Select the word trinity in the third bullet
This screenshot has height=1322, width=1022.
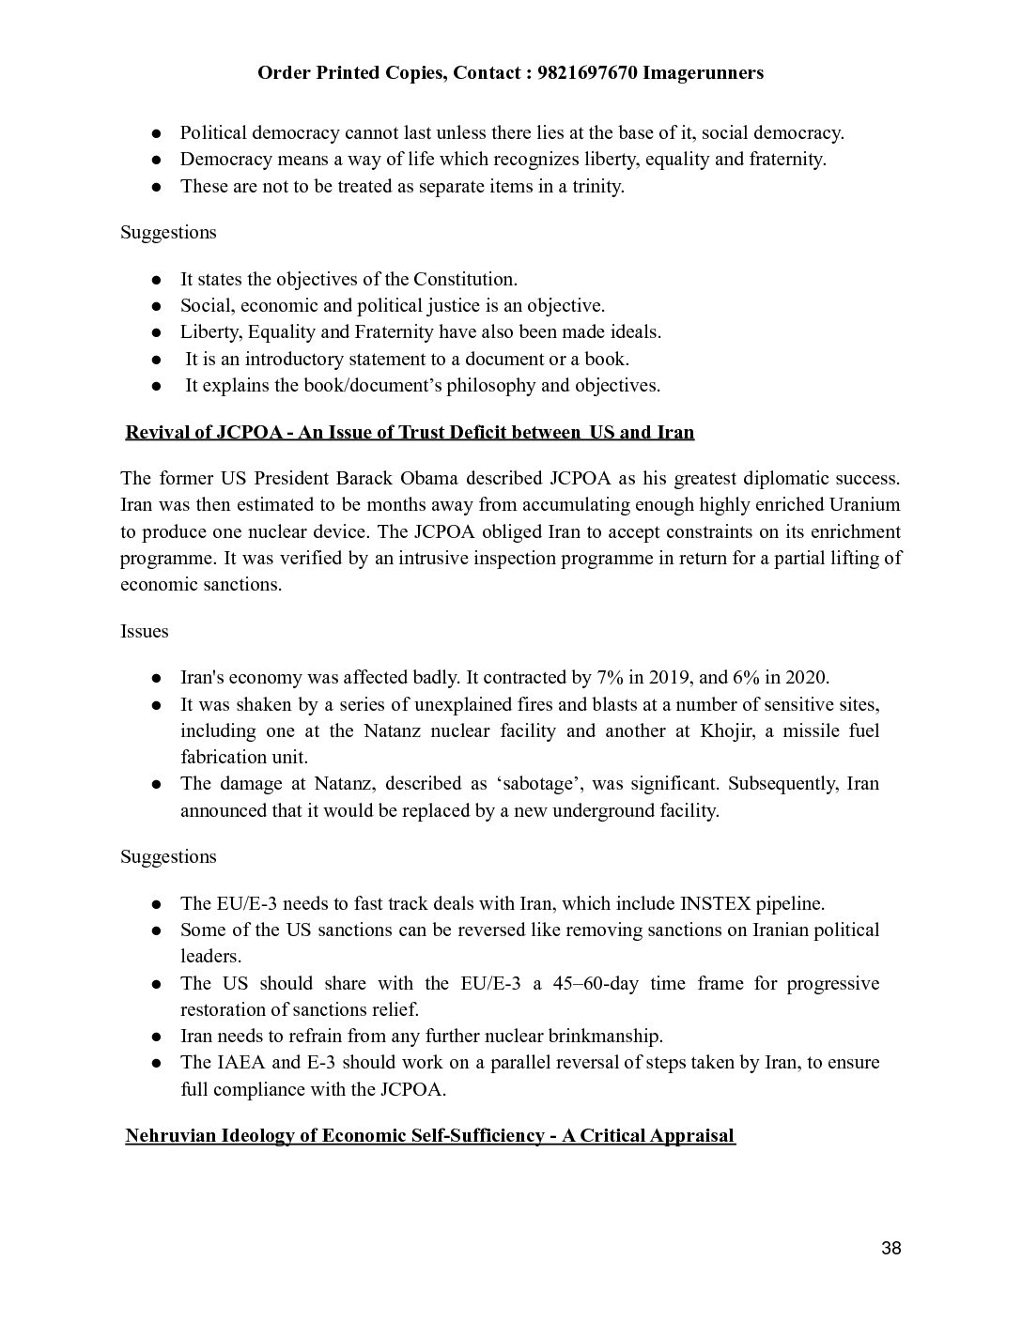click(594, 186)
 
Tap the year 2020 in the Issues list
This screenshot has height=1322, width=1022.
click(807, 678)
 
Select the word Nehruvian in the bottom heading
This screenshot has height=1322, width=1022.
click(171, 1136)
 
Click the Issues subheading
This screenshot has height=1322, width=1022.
click(145, 631)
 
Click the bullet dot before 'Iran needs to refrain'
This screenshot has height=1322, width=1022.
click(158, 1038)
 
